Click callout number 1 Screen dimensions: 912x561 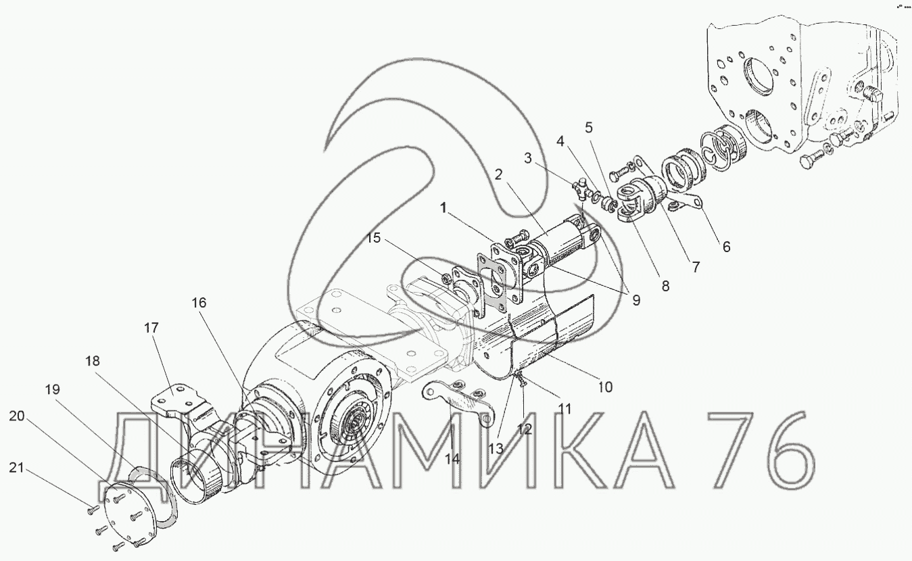(x=443, y=208)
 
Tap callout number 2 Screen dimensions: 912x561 (x=499, y=175)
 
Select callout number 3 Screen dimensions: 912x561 (x=528, y=158)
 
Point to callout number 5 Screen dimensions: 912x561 (x=589, y=128)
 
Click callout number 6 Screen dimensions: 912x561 (x=727, y=247)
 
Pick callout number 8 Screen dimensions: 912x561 (x=665, y=286)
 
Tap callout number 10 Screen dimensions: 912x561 (x=606, y=387)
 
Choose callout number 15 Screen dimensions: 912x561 (x=373, y=238)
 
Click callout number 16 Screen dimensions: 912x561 (x=199, y=303)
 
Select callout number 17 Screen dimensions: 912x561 (x=151, y=328)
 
